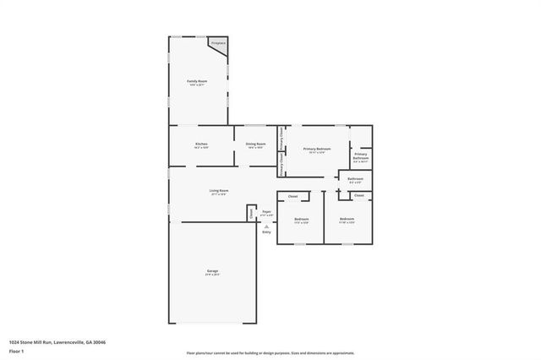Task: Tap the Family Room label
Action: coord(197,82)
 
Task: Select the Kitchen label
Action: coord(201,145)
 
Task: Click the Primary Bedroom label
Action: coord(317,150)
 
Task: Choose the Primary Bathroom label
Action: coord(361,155)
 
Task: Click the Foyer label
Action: coord(266,212)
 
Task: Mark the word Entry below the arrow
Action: coord(266,232)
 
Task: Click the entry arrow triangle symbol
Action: coord(266,226)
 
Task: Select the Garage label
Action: coord(212,272)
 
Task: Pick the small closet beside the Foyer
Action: coord(251,214)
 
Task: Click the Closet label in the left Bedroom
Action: coord(292,197)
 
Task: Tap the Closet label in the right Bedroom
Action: coord(358,195)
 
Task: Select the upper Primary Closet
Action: coord(281,137)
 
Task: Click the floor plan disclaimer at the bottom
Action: coord(270,353)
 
